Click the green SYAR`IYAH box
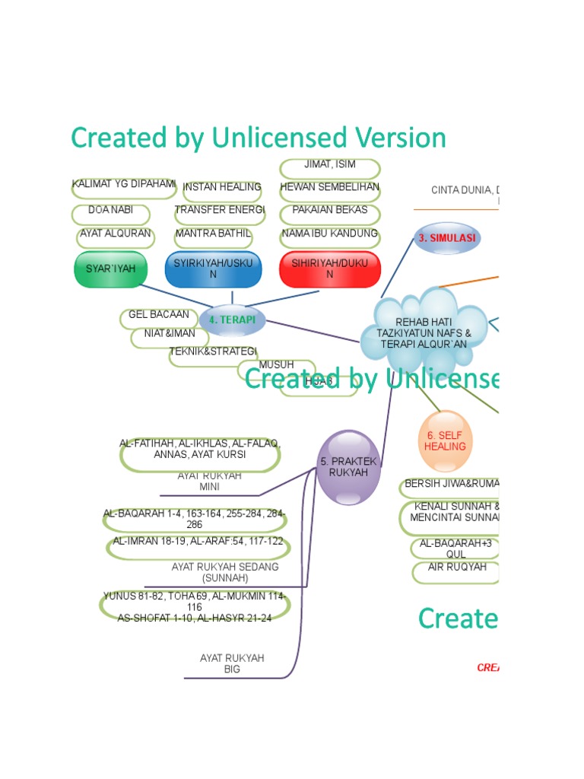click(111, 269)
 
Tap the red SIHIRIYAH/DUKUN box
click(329, 269)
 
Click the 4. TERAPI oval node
click(232, 320)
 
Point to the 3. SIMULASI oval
click(446, 237)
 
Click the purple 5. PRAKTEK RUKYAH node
click(348, 467)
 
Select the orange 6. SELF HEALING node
click(445, 441)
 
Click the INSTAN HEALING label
click(221, 187)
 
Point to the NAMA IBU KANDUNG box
click(329, 234)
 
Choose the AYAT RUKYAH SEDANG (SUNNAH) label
click(225, 572)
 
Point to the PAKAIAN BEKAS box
click(329, 211)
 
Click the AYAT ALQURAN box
click(116, 234)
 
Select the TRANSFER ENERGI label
click(220, 211)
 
